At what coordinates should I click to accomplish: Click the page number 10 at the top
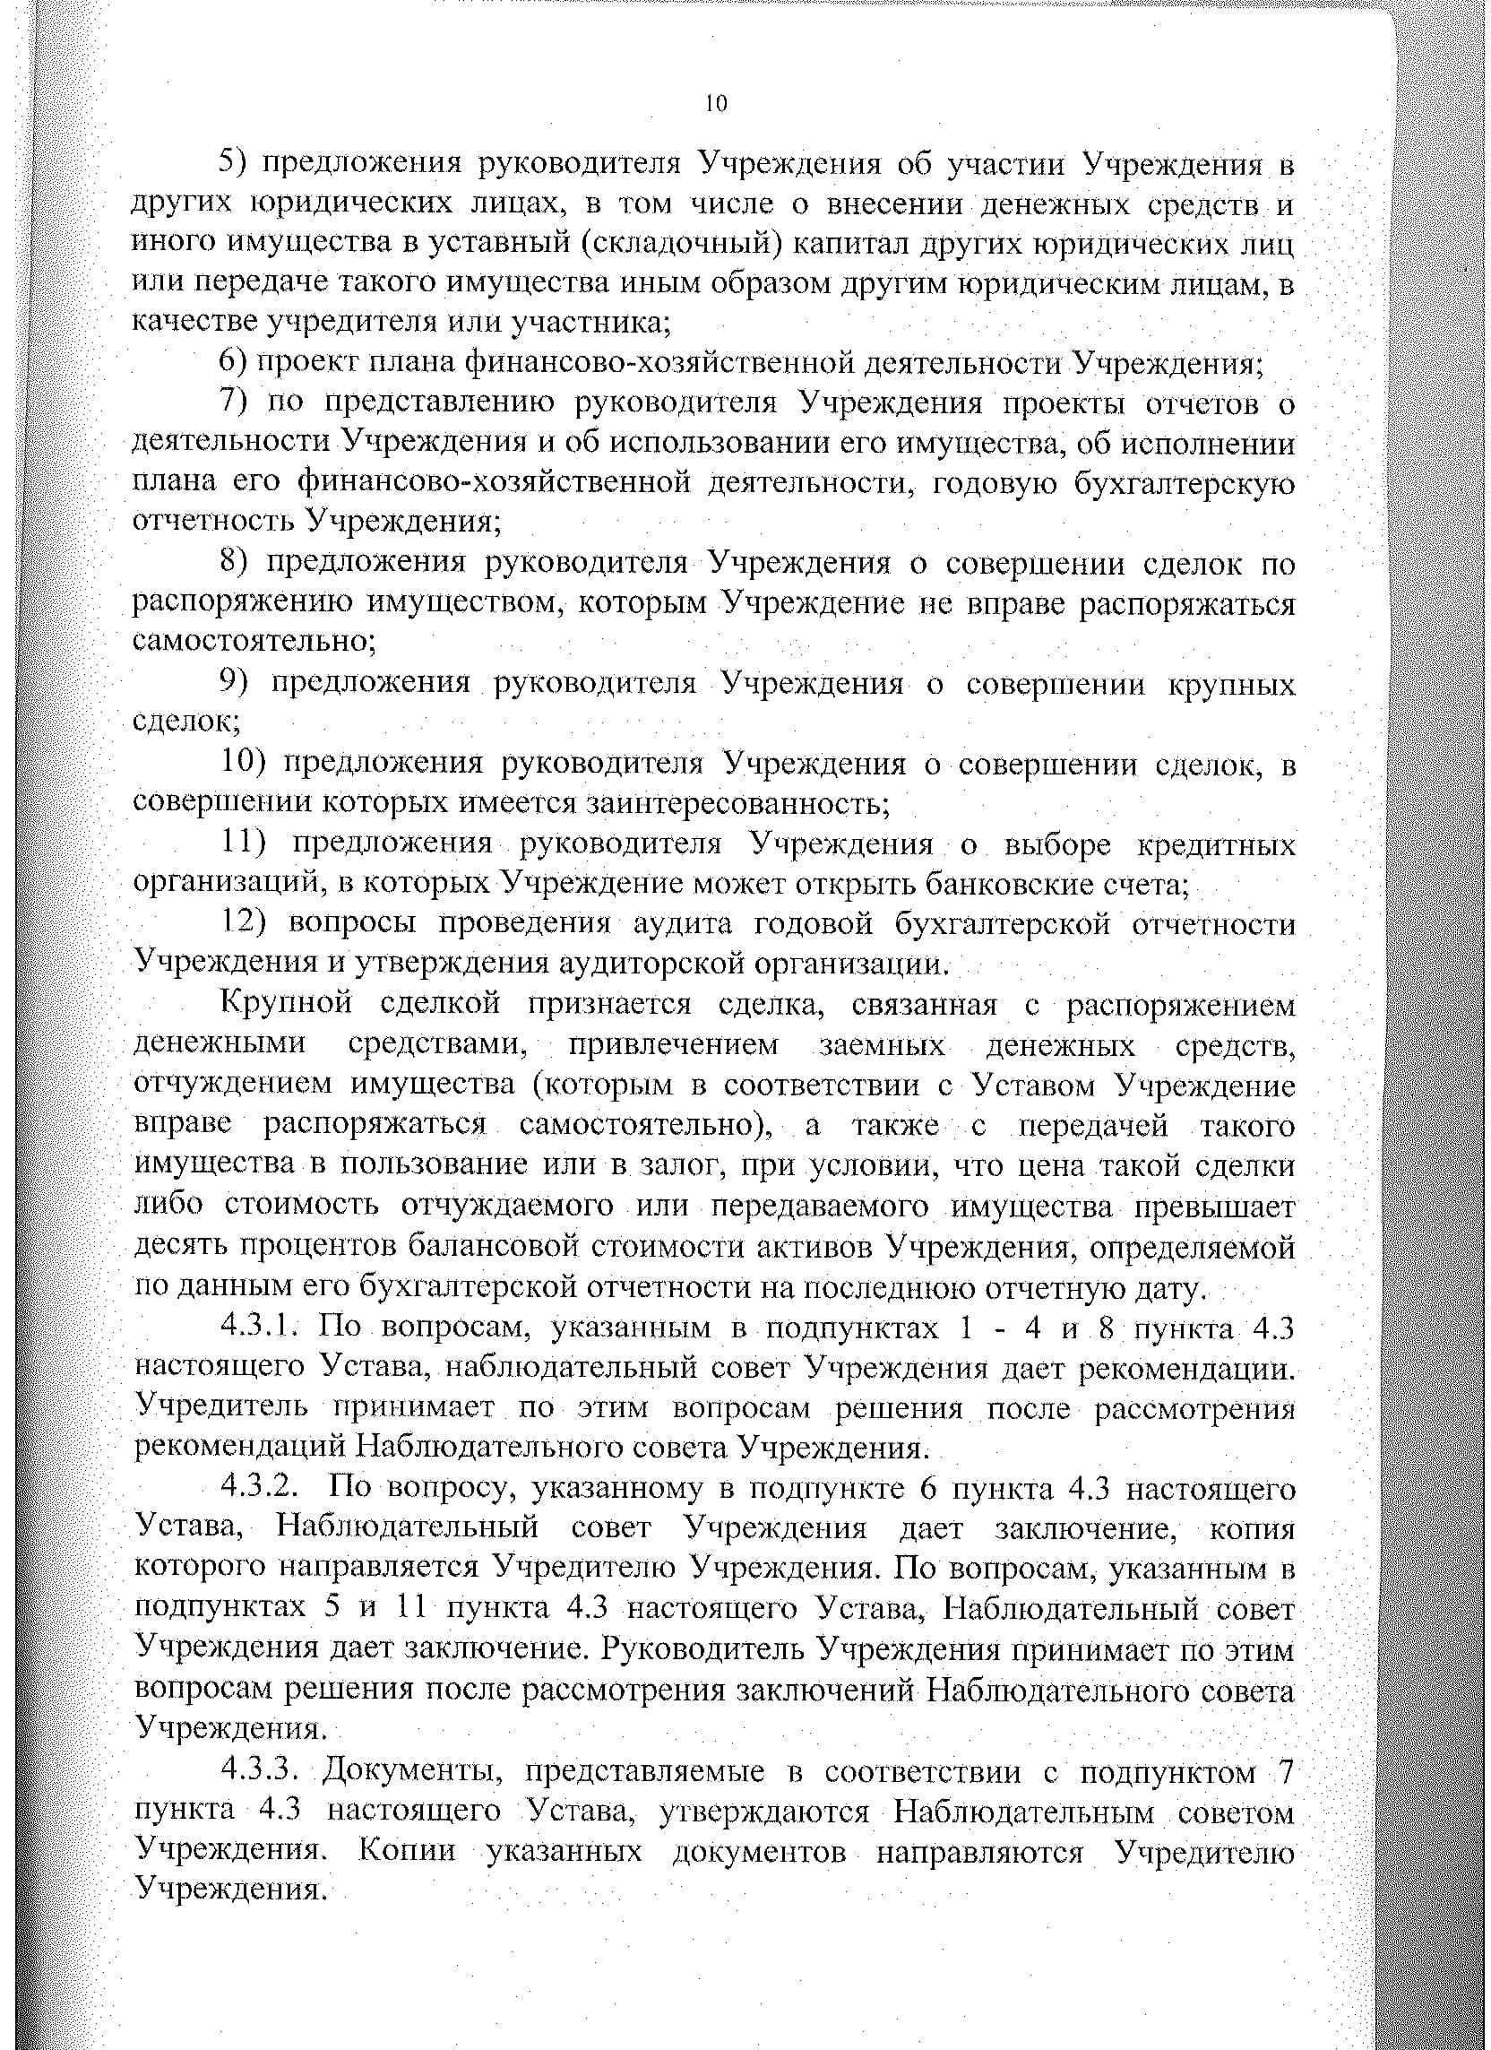pos(715,104)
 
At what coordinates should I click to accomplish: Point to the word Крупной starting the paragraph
pos(286,1005)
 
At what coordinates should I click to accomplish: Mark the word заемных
pos(882,1045)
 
